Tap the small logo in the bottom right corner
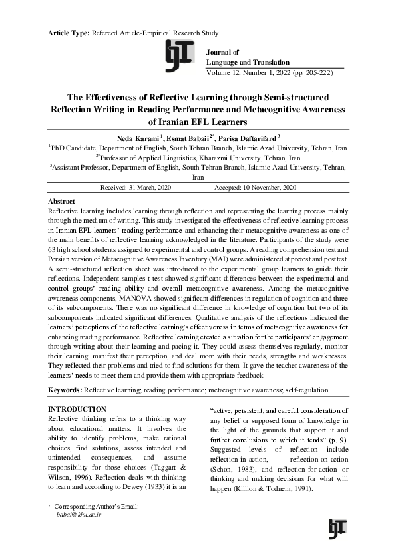tap(337, 529)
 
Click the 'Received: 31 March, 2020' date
tap(136, 188)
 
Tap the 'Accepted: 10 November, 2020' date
tap(255, 188)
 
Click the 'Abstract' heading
tap(61, 201)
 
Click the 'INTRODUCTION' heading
tap(78, 408)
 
